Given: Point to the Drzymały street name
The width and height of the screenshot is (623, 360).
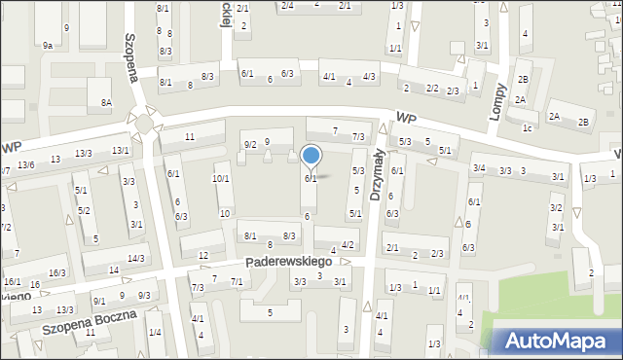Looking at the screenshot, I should pyautogui.click(x=377, y=173).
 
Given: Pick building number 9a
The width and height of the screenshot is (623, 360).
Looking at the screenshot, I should pyautogui.click(x=47, y=45).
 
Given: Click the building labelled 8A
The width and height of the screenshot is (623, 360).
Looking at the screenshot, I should pyautogui.click(x=106, y=102).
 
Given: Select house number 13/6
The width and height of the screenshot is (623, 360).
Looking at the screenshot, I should pyautogui.click(x=25, y=164).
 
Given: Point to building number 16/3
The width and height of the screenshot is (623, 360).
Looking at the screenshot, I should pyautogui.click(x=57, y=273).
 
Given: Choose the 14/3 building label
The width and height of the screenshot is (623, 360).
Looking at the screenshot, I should pyautogui.click(x=135, y=258).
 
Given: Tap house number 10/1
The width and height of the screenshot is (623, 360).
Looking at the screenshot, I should pyautogui.click(x=221, y=179).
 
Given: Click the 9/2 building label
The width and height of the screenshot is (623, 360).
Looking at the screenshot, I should pyautogui.click(x=250, y=144).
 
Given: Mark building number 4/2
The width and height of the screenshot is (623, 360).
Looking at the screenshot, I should pyautogui.click(x=348, y=244).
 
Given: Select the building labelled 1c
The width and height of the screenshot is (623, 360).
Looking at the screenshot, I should pyautogui.click(x=527, y=127).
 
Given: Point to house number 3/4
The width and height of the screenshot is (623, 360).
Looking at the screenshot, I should pyautogui.click(x=479, y=168).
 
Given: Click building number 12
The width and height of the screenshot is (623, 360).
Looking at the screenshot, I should pyautogui.click(x=202, y=256).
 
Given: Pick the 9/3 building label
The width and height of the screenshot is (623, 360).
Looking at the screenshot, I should pyautogui.click(x=144, y=295).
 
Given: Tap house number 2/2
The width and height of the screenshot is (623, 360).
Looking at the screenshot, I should pyautogui.click(x=431, y=89).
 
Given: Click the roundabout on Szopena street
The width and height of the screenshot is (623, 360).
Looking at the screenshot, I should pyautogui.click(x=144, y=123).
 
